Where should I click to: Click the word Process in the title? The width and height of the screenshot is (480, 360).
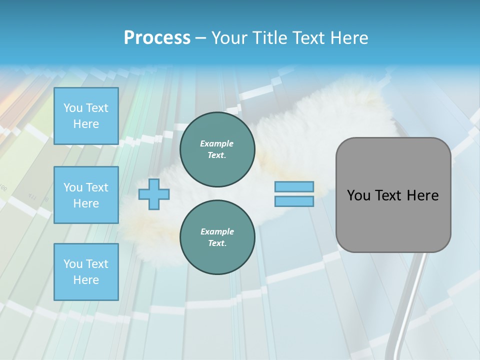click(157, 38)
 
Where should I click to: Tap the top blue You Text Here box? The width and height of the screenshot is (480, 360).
click(86, 116)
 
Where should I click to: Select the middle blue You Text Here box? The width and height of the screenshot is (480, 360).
click(86, 195)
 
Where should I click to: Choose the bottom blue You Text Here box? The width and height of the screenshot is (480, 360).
click(86, 271)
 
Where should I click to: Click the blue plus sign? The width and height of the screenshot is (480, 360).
click(154, 194)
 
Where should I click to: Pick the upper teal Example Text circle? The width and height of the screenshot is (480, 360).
click(217, 149)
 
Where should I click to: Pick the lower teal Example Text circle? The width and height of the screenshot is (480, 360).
click(217, 237)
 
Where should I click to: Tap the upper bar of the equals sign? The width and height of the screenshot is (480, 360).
click(294, 186)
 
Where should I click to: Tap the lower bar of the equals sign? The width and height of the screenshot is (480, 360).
click(294, 201)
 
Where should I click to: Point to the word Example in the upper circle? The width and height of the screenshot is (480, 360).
click(217, 143)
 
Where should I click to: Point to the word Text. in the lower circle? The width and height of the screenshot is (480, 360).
click(217, 243)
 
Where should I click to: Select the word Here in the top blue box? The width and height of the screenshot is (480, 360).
click(86, 124)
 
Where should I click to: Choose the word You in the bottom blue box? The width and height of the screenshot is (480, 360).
click(73, 264)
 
